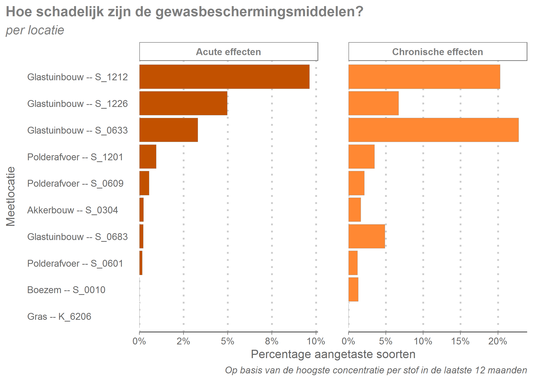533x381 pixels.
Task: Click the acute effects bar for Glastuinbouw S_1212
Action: click(x=224, y=77)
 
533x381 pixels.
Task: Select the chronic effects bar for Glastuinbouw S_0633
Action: click(x=434, y=130)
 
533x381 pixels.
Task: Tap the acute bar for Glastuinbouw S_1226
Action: click(x=183, y=103)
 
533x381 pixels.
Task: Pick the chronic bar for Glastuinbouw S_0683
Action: click(x=367, y=236)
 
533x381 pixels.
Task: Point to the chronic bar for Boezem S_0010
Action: click(x=353, y=290)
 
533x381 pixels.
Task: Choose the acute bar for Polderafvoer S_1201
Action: click(x=148, y=156)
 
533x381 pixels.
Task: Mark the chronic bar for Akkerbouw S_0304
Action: click(x=355, y=210)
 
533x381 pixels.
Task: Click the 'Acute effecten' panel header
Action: click(x=228, y=52)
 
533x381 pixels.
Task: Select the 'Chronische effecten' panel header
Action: click(x=438, y=52)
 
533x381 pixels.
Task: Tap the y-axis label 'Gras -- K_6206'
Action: click(x=59, y=316)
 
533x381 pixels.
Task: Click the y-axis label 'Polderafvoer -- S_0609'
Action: click(x=75, y=183)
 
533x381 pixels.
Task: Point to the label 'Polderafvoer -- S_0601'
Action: click(x=75, y=263)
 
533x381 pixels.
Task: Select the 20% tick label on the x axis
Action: click(x=497, y=341)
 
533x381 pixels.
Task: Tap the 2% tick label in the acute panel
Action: click(x=183, y=341)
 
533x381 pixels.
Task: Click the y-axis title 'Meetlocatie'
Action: click(x=11, y=196)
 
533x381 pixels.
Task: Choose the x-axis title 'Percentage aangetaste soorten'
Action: click(x=333, y=354)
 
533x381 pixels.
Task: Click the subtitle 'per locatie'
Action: click(x=35, y=30)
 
